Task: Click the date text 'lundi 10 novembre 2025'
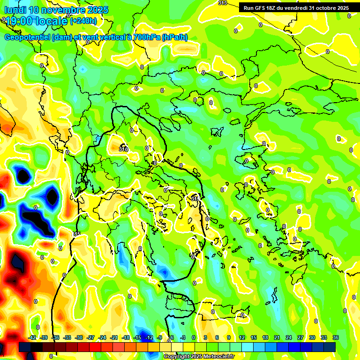pos(56,10)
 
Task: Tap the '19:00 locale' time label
pos(36,21)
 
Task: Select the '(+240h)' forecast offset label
pos(83,21)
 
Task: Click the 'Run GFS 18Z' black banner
pos(296,7)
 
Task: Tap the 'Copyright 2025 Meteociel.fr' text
pos(199,357)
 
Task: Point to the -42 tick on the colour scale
pos(32,337)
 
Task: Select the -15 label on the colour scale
pos(137,337)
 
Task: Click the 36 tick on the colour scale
pos(336,337)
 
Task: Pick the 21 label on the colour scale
pos(277,337)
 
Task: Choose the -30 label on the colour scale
pos(79,337)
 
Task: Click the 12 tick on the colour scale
pos(242,337)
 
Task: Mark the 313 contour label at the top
pos(223,3)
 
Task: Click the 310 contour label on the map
pos(123,149)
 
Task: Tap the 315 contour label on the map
pos(76,234)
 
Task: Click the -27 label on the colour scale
pos(91,337)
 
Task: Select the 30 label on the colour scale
pos(312,337)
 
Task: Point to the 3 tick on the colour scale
pos(205,337)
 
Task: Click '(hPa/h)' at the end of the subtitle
pos(175,37)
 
